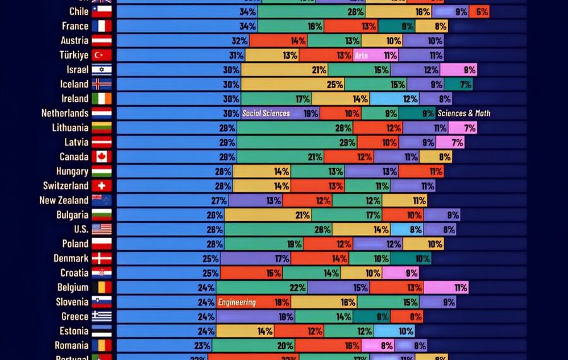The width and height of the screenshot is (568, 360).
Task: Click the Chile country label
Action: click(80, 11)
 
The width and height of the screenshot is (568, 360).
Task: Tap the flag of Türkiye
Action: click(102, 55)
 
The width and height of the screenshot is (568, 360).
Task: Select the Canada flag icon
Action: click(102, 157)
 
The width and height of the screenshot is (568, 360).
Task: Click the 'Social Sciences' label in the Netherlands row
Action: click(266, 113)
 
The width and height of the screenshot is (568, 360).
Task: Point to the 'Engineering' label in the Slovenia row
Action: click(237, 303)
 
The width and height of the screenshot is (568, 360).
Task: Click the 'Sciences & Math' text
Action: click(464, 113)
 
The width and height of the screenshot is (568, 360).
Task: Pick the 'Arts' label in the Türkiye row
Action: click(362, 56)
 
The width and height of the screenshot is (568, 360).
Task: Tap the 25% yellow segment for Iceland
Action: click(293, 84)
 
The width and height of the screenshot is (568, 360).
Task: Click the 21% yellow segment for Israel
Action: click(285, 69)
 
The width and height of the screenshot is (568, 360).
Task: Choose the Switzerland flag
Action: click(102, 186)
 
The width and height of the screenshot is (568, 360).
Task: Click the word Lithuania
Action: click(70, 128)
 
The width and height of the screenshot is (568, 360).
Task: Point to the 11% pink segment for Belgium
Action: click(446, 287)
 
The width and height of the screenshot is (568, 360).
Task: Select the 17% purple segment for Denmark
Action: click(256, 258)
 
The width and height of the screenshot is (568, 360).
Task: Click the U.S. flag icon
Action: click(102, 229)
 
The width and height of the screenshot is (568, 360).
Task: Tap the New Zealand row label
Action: click(64, 200)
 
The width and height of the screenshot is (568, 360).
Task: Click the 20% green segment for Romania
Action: click(253, 345)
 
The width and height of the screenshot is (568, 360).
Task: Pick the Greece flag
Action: click(102, 316)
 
